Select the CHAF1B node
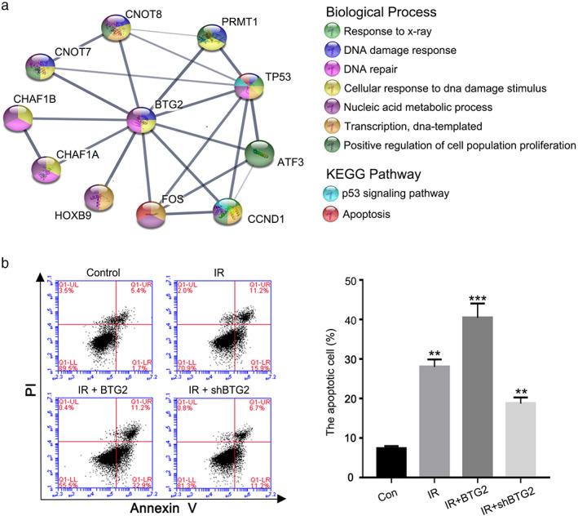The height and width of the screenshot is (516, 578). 30,122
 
